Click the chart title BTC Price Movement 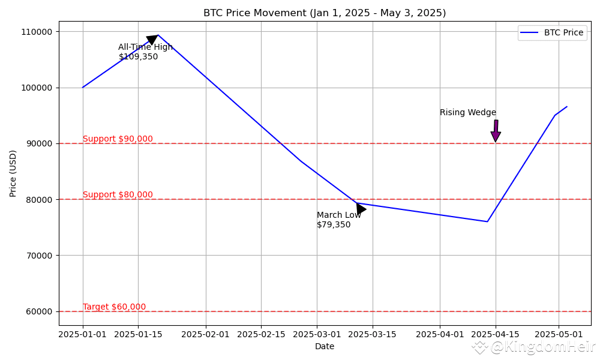[x=325, y=13]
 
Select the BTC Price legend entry [x=563, y=32]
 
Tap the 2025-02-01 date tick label [x=206, y=334]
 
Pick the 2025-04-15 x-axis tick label [x=496, y=334]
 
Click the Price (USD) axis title [x=13, y=173]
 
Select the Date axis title [x=325, y=346]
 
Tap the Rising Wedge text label [x=467, y=113]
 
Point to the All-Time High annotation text [x=145, y=47]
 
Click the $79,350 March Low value [x=334, y=225]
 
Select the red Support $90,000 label [x=118, y=139]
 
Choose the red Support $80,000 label [x=118, y=195]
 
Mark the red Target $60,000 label [x=114, y=307]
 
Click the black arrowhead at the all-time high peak [x=152, y=40]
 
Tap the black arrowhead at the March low [x=360, y=209]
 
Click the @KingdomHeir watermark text [x=542, y=347]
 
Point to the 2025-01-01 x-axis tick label [x=83, y=334]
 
